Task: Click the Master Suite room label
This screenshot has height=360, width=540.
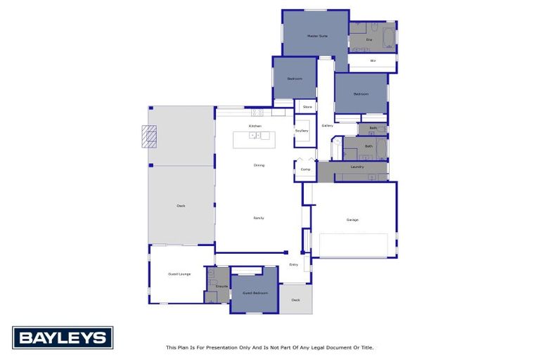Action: coord(318,35)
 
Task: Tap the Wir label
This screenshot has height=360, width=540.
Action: coord(373,61)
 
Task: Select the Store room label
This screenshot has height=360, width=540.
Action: coord(307,107)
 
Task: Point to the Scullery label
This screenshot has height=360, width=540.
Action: coord(302,131)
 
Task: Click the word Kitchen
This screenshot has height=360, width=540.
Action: coord(255,126)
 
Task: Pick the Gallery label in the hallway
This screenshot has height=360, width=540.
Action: coord(327,126)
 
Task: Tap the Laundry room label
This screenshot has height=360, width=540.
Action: coord(357,167)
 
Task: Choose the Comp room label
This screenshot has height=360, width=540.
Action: coord(305,169)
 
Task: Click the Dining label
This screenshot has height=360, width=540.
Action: coord(259,165)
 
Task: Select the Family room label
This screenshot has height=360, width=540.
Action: coord(258,218)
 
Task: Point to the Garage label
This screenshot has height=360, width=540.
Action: coord(352,219)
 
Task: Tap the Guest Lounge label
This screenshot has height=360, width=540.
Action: coord(179,274)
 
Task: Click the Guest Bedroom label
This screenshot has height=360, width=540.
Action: coord(255,292)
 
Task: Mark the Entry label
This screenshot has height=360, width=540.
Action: coord(294,264)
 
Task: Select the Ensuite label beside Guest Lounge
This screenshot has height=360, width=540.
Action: coord(221,286)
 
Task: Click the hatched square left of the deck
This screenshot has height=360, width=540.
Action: coord(149,136)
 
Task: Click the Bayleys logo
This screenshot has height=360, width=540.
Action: coord(63,337)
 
